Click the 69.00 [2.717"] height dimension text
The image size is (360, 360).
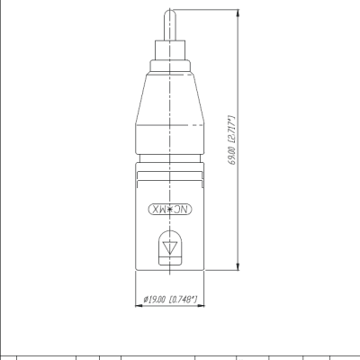coord(232,139)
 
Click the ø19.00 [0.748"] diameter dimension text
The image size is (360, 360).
coord(170,299)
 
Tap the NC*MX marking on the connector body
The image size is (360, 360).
coord(170,210)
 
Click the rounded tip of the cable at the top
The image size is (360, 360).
coord(170,13)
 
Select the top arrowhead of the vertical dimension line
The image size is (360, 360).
coord(238,13)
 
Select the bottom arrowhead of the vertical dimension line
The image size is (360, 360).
coord(238,266)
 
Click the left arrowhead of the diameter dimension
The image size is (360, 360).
coord(139,306)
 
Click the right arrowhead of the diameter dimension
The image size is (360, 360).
coord(201,306)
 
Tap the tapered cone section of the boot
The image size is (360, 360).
coord(170,98)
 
